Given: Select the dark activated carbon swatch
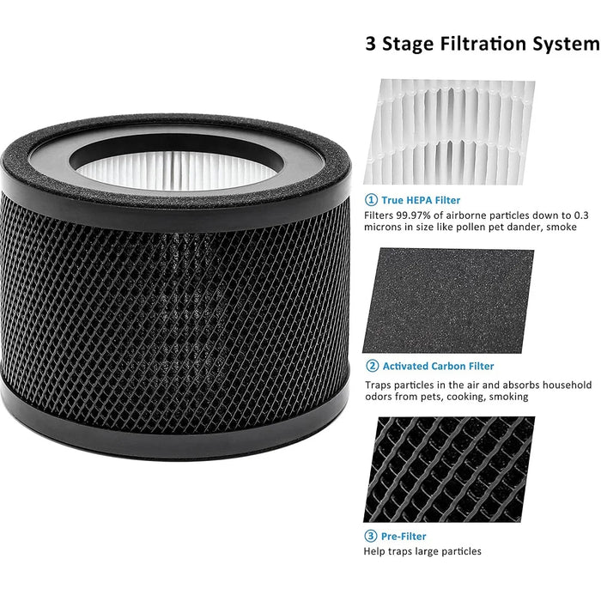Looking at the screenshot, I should [449, 300].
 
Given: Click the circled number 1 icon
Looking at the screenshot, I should [371, 200].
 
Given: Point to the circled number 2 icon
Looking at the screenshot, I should [371, 367].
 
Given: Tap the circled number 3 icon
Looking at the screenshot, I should [371, 535].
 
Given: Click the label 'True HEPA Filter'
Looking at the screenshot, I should [422, 200].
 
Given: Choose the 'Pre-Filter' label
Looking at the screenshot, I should [406, 535].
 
